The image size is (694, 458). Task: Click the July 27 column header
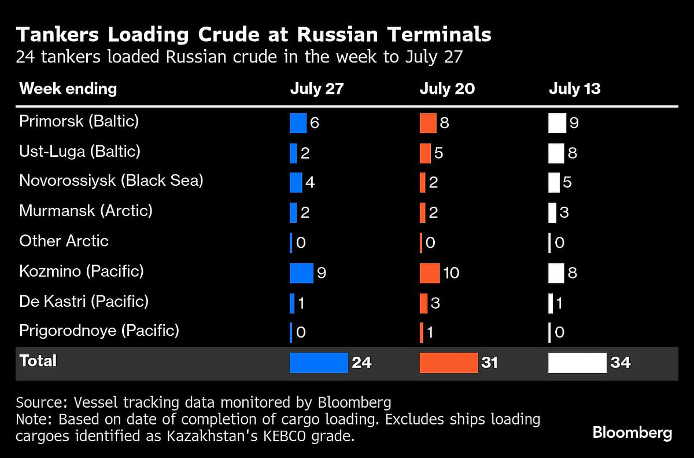(x=316, y=89)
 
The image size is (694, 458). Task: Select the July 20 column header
(x=447, y=89)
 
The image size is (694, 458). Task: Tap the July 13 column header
(x=574, y=89)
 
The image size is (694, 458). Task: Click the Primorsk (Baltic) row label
(x=79, y=122)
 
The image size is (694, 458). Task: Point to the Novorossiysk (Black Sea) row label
(x=111, y=181)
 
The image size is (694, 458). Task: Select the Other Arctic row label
(x=64, y=241)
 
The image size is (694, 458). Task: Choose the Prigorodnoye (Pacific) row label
(x=99, y=331)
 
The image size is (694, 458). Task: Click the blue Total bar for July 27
(x=319, y=362)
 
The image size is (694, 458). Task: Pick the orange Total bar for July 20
(x=448, y=362)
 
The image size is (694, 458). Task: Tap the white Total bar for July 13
(x=577, y=362)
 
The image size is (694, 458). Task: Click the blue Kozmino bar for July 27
(x=301, y=273)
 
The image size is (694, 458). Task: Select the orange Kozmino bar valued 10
(x=430, y=273)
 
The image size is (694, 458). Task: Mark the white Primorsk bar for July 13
(x=557, y=123)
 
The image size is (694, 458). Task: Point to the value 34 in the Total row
(x=620, y=362)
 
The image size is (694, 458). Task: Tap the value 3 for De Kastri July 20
(x=435, y=303)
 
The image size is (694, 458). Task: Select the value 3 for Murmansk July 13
(x=564, y=213)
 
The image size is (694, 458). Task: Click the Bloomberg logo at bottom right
(x=632, y=433)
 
